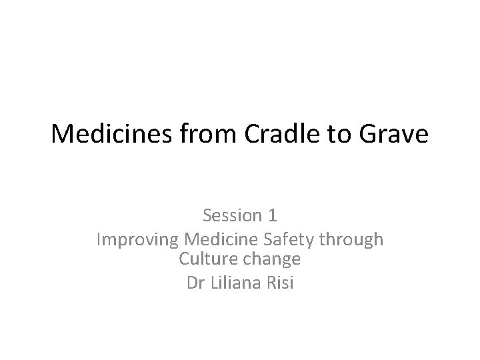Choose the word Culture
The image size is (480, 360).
[x=204, y=258]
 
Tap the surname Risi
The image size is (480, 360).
[x=280, y=282]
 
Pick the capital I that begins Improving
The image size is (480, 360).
[x=99, y=239]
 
